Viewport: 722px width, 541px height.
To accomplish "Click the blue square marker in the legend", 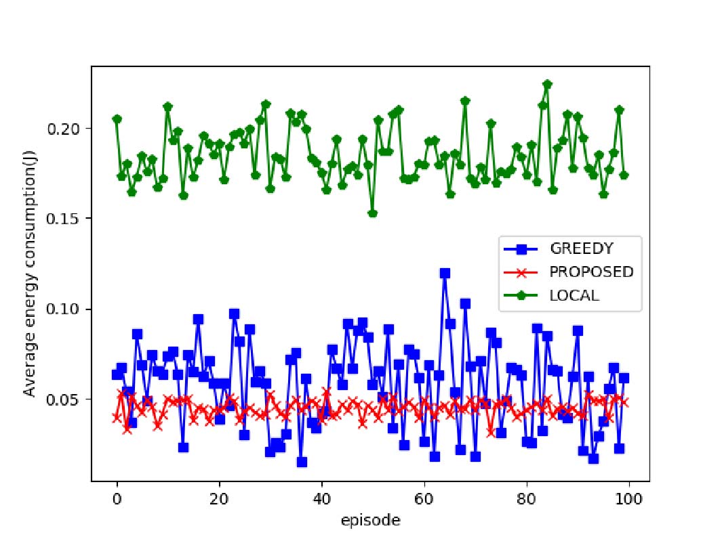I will click(x=521, y=248).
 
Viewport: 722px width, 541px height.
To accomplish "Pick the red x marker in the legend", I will click(x=521, y=272).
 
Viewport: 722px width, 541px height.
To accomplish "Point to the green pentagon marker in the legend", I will click(x=521, y=296).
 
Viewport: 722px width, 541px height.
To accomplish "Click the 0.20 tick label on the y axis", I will click(x=68, y=129).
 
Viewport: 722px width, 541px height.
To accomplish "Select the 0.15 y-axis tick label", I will click(x=68, y=219).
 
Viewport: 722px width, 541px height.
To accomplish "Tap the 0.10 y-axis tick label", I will click(x=68, y=309).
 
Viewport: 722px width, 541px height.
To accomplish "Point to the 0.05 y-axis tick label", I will click(x=68, y=399).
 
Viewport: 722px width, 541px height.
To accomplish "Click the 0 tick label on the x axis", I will click(x=117, y=501).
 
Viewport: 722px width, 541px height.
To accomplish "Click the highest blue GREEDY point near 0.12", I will click(x=445, y=273).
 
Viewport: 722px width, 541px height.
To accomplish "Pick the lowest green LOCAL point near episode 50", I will click(x=372, y=213).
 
